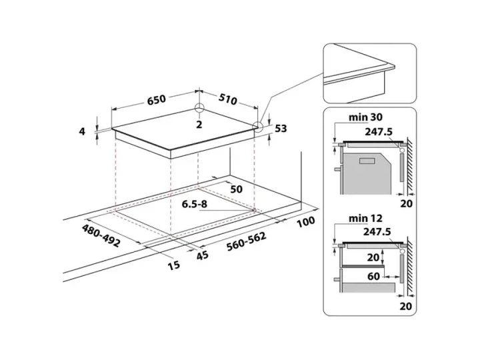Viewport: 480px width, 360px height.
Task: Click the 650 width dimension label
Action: (157, 99)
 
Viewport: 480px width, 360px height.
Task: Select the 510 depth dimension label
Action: (228, 99)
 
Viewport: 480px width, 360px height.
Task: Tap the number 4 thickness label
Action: (82, 131)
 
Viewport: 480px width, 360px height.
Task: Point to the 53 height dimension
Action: (281, 128)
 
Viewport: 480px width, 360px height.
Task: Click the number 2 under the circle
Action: (199, 125)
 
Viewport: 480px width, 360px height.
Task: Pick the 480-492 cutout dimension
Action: (101, 235)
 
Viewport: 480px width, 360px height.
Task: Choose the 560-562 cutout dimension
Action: (247, 241)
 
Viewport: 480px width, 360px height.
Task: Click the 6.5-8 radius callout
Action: (195, 204)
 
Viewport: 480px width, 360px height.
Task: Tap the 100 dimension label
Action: (306, 222)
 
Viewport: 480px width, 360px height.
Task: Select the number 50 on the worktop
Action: (236, 189)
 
